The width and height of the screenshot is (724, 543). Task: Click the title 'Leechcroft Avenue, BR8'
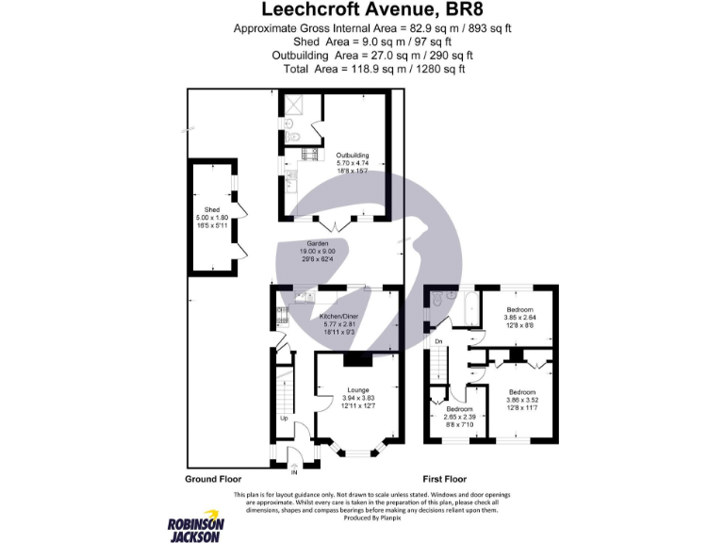pos(363,11)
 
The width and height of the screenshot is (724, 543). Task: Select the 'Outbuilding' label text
pos(352,156)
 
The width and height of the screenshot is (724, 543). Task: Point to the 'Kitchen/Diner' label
pos(337,315)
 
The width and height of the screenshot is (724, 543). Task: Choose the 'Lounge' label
pos(355,389)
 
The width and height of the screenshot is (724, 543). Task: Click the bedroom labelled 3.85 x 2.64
pos(519,310)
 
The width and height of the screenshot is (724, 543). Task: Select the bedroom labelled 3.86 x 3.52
pos(521,391)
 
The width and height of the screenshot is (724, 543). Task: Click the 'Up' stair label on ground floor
pos(284,418)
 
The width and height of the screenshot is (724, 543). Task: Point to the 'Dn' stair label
pos(438,341)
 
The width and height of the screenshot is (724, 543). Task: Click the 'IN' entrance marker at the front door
pos(293,471)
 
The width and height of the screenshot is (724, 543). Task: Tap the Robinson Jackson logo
pos(195,529)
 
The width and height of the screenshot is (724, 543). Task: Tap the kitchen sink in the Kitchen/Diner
pos(304,298)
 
